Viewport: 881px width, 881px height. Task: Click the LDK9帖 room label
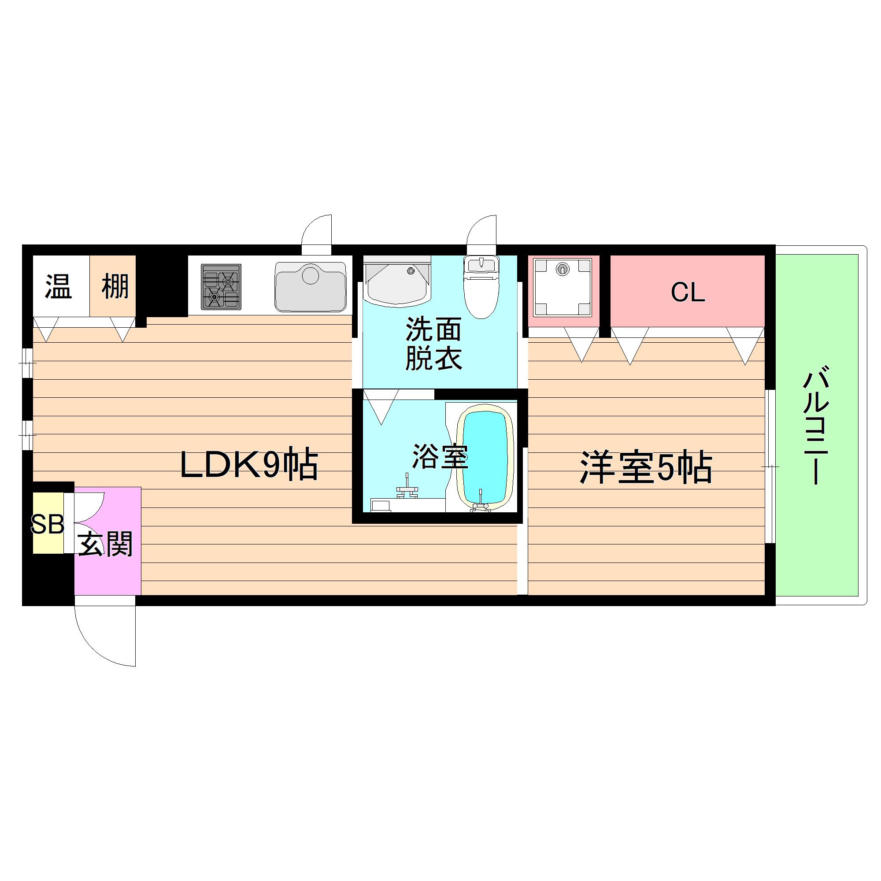(x=248, y=465)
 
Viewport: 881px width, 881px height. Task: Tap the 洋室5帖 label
(x=646, y=467)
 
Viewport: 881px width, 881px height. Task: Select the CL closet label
(x=688, y=292)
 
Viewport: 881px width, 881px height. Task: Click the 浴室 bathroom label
(x=440, y=456)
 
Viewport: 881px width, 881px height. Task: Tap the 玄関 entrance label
(x=105, y=544)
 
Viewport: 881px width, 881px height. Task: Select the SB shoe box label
(x=48, y=524)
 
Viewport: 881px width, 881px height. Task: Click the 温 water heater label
(x=59, y=286)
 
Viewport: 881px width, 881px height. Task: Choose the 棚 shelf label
(x=115, y=286)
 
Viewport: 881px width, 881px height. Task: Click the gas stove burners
(x=221, y=287)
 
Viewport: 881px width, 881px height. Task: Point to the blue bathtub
(x=485, y=456)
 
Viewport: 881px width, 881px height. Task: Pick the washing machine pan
(x=563, y=287)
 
